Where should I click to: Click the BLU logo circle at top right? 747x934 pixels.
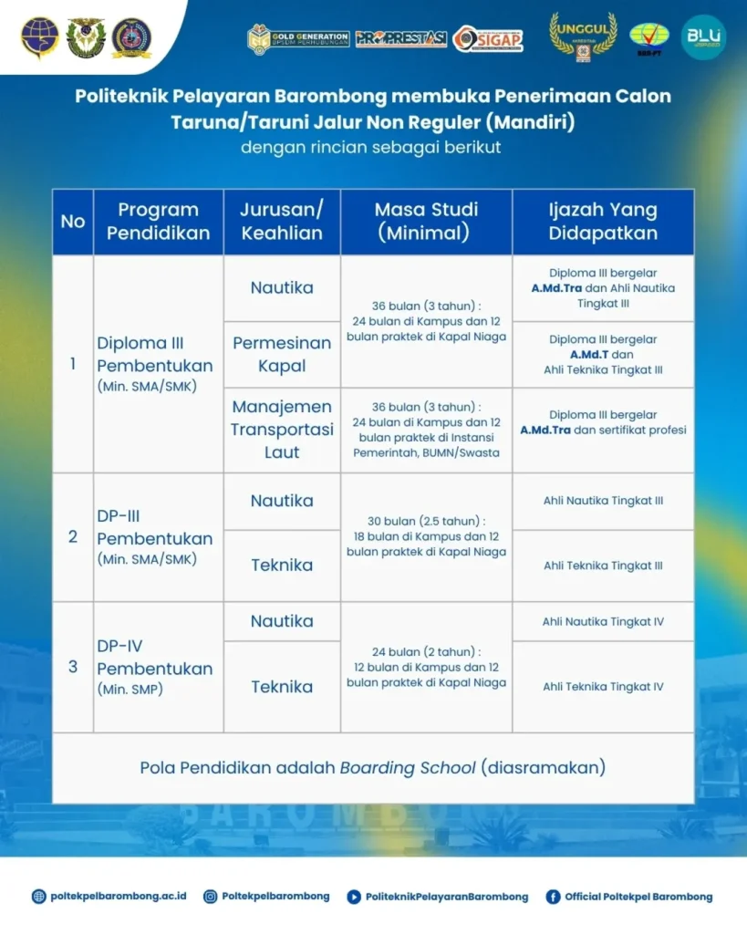point(703,37)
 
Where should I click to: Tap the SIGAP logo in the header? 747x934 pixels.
point(488,38)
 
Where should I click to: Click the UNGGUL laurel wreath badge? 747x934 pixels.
point(583,36)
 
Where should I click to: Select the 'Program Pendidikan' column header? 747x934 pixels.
point(158,221)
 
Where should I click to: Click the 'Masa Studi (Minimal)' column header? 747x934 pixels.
point(426,221)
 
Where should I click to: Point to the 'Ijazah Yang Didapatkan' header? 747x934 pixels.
point(603,221)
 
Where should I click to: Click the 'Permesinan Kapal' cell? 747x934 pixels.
point(282,354)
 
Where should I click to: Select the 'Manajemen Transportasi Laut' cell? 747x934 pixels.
point(282,429)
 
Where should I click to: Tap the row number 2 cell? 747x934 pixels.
point(73,536)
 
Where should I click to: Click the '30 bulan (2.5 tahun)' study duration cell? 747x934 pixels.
point(426,535)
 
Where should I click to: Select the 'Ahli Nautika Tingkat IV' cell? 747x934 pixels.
point(603,621)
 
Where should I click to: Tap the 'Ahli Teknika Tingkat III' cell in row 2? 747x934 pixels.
point(603,566)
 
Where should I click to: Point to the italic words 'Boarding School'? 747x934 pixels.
point(408,767)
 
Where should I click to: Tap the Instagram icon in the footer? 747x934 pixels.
point(210,897)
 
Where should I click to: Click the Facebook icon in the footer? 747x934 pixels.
point(553,897)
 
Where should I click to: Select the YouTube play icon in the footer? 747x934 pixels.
point(354,897)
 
